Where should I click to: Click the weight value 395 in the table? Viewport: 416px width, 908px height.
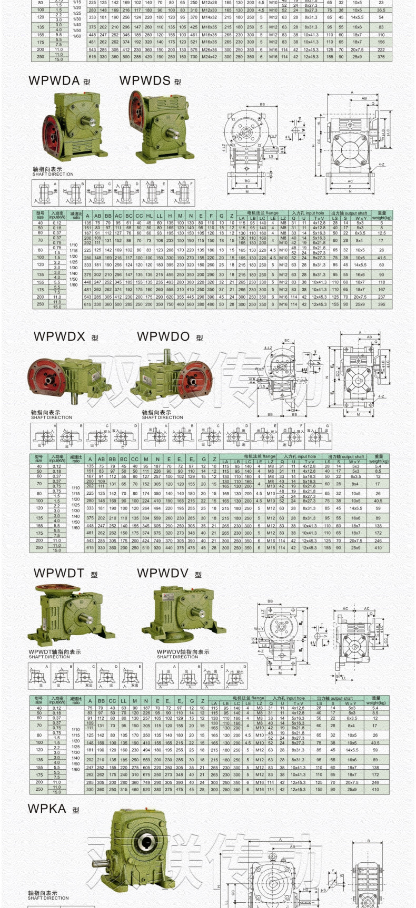381,304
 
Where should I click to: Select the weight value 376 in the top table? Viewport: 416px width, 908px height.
381,57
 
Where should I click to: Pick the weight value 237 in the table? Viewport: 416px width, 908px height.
381,297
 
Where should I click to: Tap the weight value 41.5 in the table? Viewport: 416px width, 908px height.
381,258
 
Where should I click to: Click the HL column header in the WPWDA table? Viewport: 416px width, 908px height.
149,216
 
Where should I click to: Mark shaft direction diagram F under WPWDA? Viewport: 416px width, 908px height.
181,193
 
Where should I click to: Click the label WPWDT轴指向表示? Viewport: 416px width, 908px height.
55,652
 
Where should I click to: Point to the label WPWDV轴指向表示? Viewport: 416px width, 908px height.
183,652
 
